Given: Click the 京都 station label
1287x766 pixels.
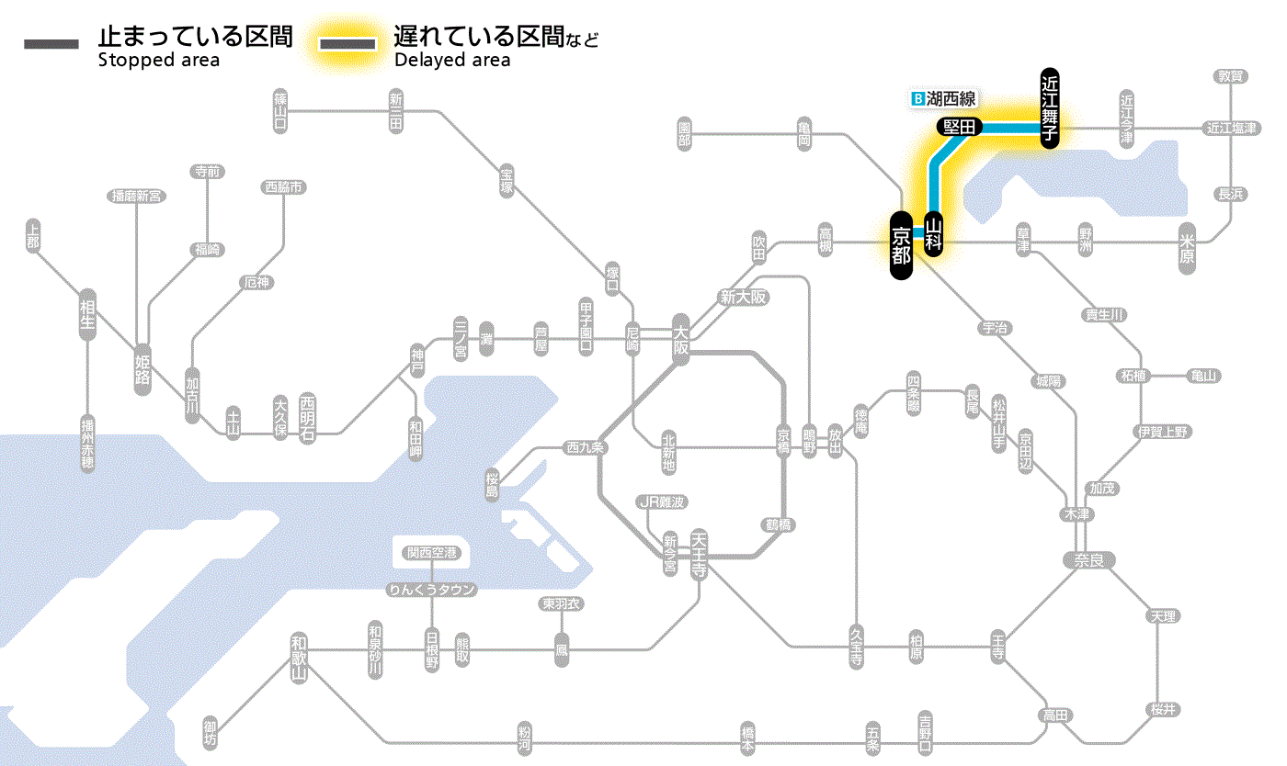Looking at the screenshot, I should tap(901, 244).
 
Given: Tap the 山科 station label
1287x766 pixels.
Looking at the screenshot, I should tap(934, 234).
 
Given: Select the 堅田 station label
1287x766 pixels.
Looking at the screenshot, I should tap(959, 127).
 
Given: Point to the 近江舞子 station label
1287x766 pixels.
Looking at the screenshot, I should tap(1050, 107).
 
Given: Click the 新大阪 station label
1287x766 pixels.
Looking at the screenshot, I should tap(743, 298).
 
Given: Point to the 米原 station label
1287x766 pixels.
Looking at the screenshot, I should tap(1188, 248).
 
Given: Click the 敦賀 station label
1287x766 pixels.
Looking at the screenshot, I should tap(1231, 76).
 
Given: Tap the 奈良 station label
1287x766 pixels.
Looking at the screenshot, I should tap(1088, 559).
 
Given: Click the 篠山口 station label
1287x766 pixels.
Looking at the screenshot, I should tap(280, 109).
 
